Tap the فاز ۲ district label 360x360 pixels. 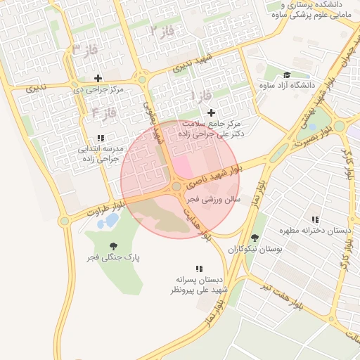tap(162, 31)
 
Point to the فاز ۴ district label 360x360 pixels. tap(103, 112)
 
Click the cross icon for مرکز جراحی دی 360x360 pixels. tap(98, 78)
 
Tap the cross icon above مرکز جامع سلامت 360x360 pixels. tap(211, 112)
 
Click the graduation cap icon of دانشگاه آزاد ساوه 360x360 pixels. tap(286, 75)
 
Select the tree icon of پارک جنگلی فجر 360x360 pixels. tap(113, 246)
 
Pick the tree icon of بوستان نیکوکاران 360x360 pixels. tap(255, 238)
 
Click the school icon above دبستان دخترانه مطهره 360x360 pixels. tap(314, 220)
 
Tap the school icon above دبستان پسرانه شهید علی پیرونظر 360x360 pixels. tap(199, 269)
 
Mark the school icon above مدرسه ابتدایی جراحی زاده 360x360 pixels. tap(101, 138)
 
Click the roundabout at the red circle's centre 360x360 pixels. tap(176, 187)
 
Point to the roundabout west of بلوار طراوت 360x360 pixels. tap(65, 221)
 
